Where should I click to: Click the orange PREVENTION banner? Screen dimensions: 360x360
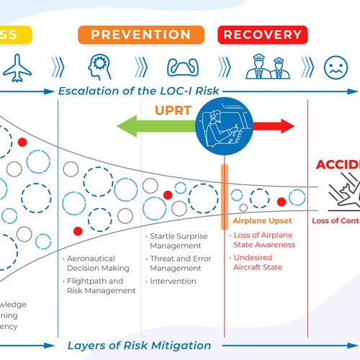coord(141,34)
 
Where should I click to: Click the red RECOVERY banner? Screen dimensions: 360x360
coord(262,34)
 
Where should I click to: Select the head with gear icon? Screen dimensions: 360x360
coord(99,66)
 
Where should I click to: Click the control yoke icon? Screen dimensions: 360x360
coord(183,67)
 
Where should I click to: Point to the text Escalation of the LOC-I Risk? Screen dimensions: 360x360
coord(139,91)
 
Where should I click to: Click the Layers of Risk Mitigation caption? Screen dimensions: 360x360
coord(139,345)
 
